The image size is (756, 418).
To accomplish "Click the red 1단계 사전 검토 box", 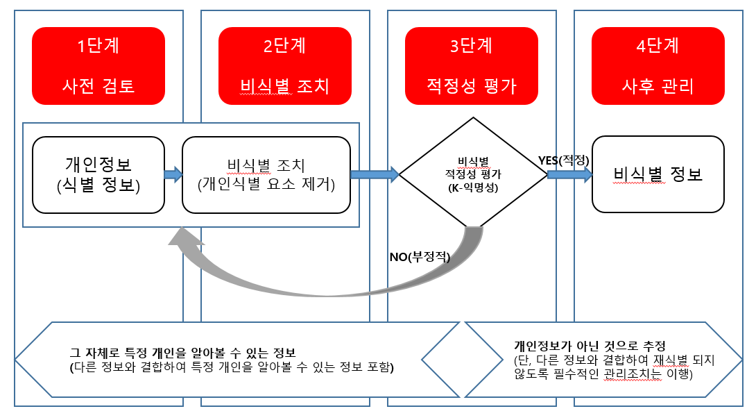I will [98, 65].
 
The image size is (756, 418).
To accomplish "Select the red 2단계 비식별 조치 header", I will [284, 65].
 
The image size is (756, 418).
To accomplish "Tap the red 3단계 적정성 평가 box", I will [471, 65].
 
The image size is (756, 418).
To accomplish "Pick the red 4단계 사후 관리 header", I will [658, 65].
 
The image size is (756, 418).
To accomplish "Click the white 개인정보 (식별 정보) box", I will [98, 174].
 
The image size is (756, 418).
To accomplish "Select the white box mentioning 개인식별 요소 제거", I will [266, 174].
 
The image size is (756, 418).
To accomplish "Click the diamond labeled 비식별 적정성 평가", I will [473, 174].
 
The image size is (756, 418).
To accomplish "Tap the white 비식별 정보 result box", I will [658, 174].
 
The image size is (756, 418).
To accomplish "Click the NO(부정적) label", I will [420, 257].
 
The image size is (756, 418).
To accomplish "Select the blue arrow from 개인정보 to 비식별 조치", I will [173, 174].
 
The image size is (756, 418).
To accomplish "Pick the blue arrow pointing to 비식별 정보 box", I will [569, 174].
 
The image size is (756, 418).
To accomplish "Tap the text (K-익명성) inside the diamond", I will [474, 188].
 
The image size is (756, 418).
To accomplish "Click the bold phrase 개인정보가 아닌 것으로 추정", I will [590, 345].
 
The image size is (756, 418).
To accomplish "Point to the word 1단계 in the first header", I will [98, 47].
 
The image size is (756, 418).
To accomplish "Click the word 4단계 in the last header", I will [658, 47].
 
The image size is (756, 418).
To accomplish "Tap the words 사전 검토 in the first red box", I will [98, 86].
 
